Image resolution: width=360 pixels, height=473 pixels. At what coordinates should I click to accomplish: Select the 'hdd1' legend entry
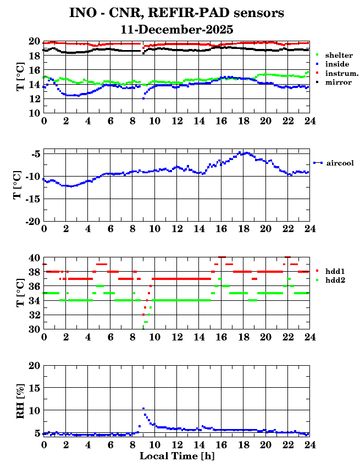click(335, 271)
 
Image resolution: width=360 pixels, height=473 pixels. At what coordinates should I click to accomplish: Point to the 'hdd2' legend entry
click(335, 280)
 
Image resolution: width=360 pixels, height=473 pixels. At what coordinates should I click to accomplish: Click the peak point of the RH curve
click(143, 408)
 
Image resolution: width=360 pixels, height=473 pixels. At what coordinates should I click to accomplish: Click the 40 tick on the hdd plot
click(34, 257)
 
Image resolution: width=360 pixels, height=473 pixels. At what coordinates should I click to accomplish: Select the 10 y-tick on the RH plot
click(34, 410)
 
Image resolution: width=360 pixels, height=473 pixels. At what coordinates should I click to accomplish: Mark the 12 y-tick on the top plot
click(34, 98)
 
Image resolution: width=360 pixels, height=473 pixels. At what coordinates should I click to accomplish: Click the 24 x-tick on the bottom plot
click(309, 444)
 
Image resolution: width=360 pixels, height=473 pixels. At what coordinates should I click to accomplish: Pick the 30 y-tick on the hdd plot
click(34, 329)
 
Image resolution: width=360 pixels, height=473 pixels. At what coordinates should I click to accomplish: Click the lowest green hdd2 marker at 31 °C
click(146, 322)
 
